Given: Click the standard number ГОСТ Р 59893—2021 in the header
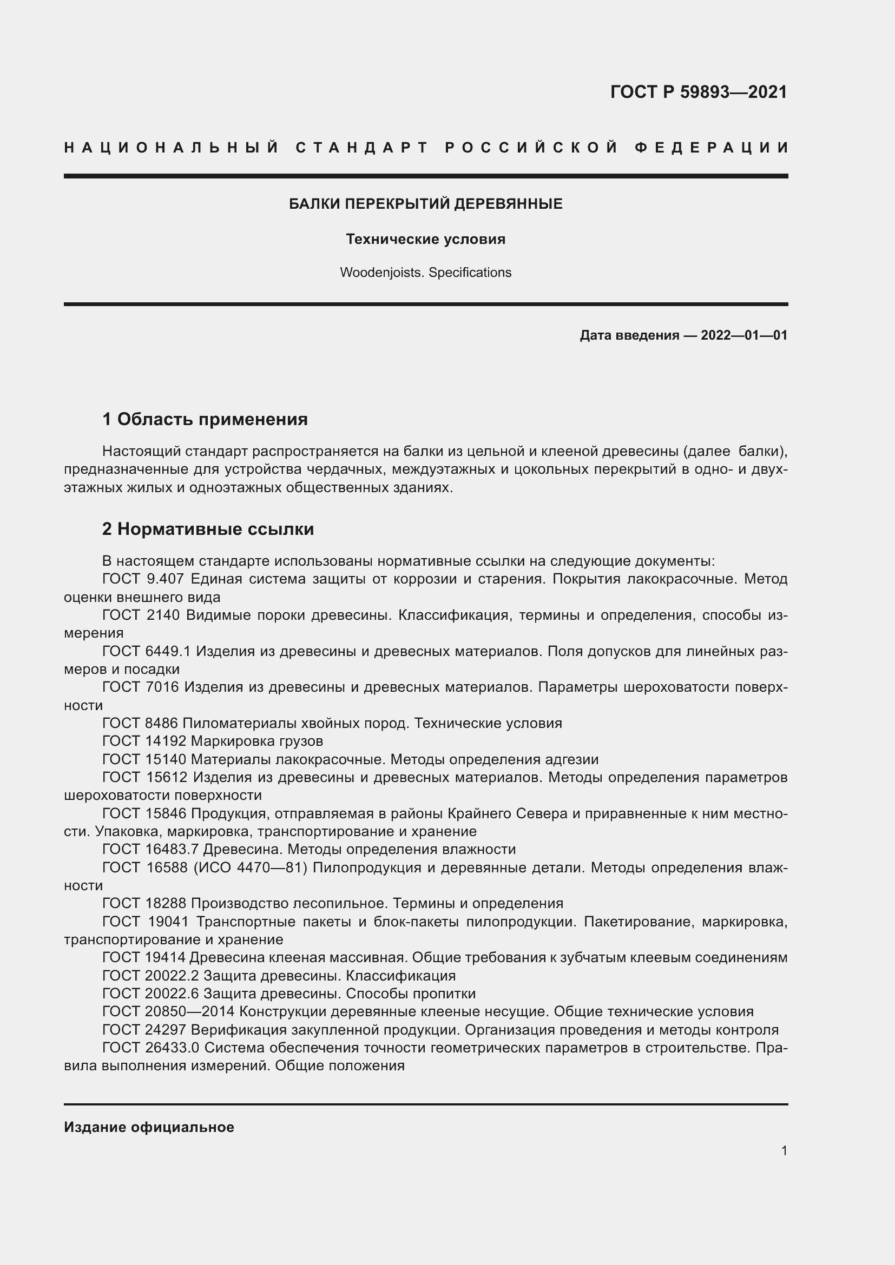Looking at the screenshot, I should [698, 92].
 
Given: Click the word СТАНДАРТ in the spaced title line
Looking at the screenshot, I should [362, 148].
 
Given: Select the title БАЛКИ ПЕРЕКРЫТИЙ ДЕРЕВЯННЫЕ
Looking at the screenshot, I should [425, 204].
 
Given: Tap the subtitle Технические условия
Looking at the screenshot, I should [425, 239].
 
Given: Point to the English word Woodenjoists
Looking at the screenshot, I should [381, 273].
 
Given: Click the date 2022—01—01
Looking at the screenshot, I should [743, 335].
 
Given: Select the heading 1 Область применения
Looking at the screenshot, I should [205, 419].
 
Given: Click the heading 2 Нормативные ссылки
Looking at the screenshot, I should [208, 529].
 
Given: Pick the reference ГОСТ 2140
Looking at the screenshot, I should [141, 615].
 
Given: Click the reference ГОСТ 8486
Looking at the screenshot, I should [140, 724].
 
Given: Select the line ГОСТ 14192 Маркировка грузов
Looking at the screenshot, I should [213, 741].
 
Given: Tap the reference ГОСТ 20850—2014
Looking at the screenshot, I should [169, 1011].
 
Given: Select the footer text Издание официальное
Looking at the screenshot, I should [149, 1127].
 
